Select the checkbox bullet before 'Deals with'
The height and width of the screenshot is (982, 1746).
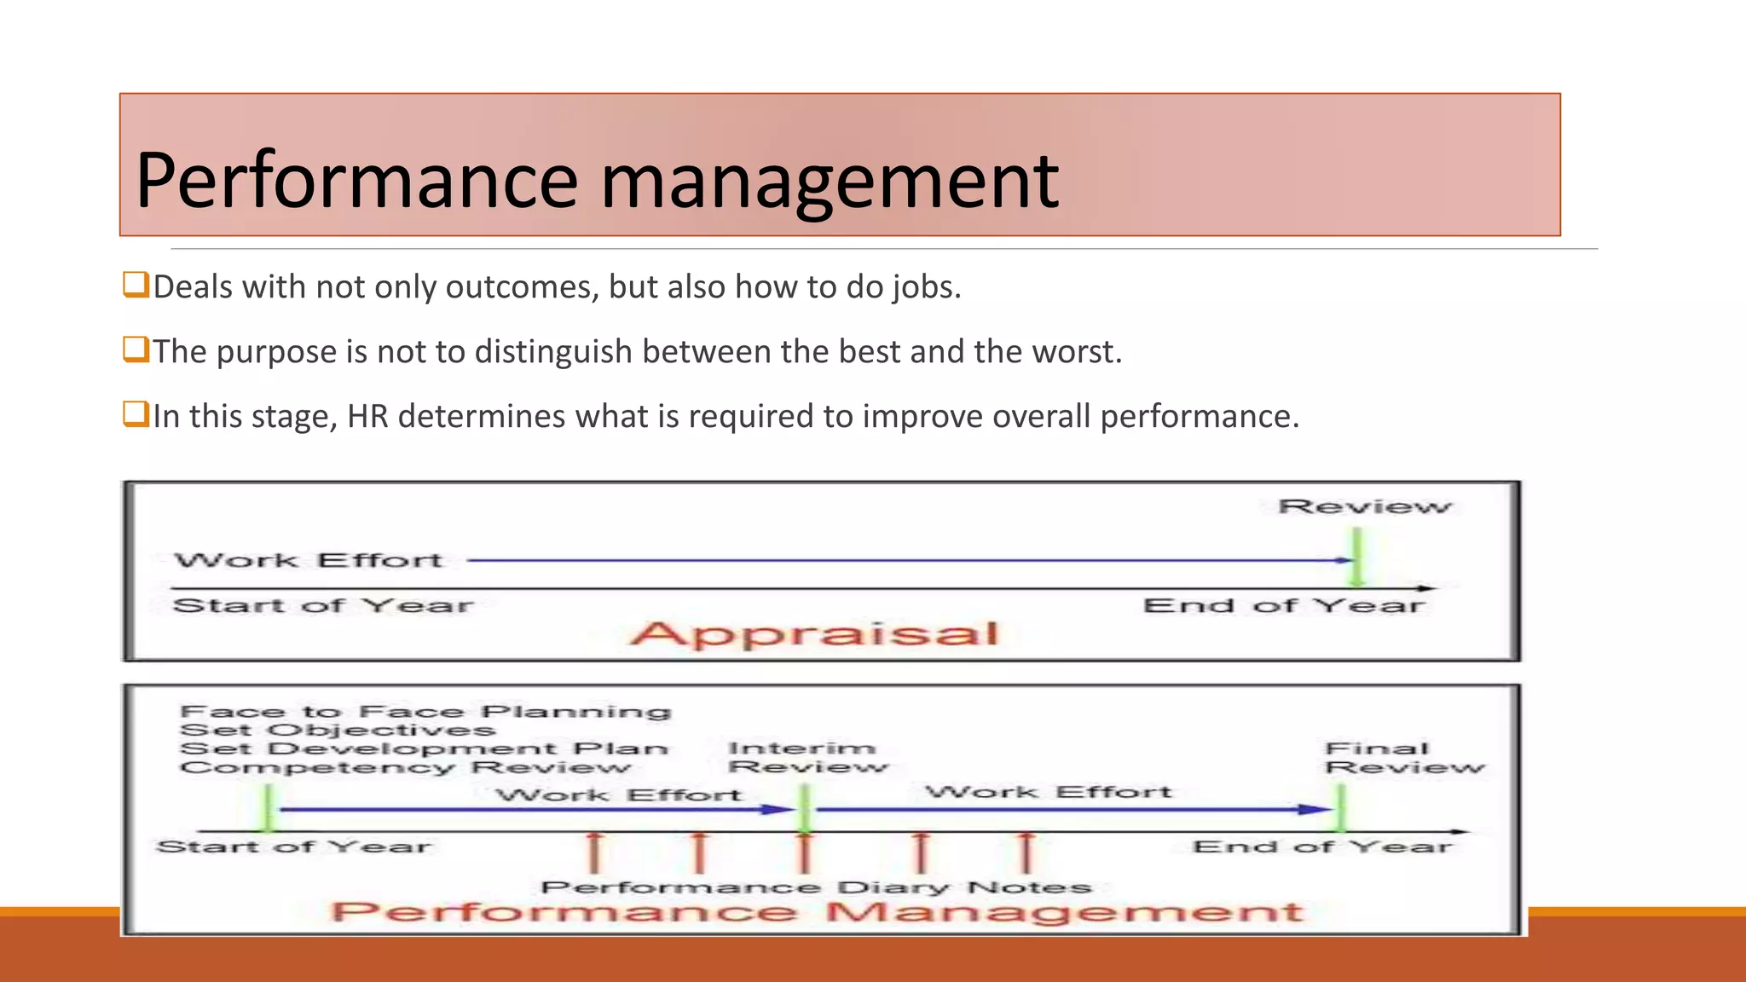136,284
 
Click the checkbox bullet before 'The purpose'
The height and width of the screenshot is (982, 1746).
136,349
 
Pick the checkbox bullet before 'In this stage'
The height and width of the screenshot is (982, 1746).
136,414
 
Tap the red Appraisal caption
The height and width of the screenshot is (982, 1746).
813,633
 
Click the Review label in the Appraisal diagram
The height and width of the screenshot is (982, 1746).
1363,506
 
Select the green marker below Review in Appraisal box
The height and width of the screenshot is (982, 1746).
1356,557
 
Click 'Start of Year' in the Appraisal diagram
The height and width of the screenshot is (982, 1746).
322,606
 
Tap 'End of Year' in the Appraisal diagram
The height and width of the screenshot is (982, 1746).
1283,606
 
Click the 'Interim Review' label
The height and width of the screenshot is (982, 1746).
806,757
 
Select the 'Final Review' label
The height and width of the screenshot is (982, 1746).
1403,758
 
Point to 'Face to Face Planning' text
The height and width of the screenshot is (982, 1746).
425,711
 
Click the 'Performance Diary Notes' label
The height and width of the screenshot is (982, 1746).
815,887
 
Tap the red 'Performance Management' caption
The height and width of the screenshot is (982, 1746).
816,912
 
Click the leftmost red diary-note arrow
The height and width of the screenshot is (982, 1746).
594,852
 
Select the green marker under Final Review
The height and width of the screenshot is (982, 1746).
1341,808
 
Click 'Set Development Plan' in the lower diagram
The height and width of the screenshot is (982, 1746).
424,748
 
